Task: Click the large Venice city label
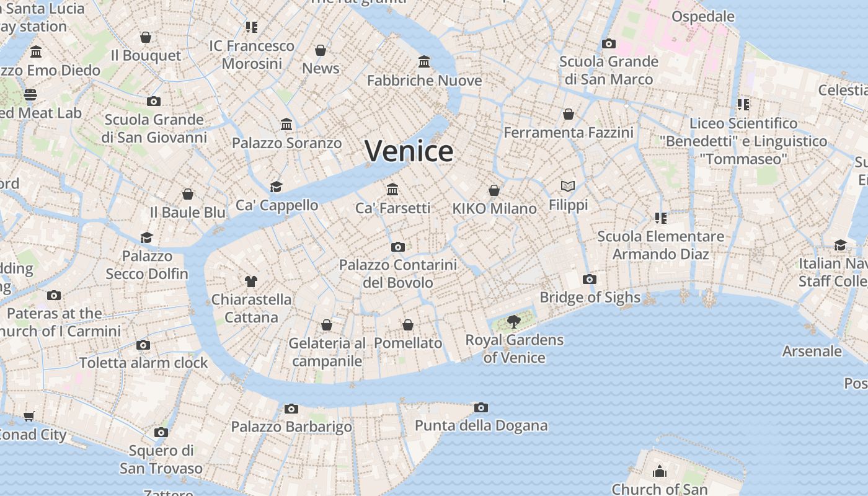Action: pyautogui.click(x=409, y=151)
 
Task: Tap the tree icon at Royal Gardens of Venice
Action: pyautogui.click(x=513, y=321)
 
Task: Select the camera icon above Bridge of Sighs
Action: pyautogui.click(x=590, y=279)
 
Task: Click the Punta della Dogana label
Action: pyautogui.click(x=481, y=425)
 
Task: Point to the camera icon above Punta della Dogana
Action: pyautogui.click(x=480, y=407)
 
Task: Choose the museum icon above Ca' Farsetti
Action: pyautogui.click(x=392, y=189)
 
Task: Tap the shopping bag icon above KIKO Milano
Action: pyautogui.click(x=494, y=190)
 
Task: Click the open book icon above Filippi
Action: pyautogui.click(x=568, y=186)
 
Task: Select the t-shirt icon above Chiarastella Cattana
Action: pyautogui.click(x=250, y=281)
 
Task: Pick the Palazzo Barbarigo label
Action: pyautogui.click(x=291, y=427)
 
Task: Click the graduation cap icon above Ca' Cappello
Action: pyautogui.click(x=276, y=187)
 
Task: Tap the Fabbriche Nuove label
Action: pyautogui.click(x=424, y=81)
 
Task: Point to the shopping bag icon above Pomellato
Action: pyautogui.click(x=408, y=325)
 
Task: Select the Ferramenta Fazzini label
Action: pyautogui.click(x=569, y=133)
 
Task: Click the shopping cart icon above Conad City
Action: pyautogui.click(x=29, y=416)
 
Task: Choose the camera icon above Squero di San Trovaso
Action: pyautogui.click(x=161, y=432)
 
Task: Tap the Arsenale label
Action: pyautogui.click(x=812, y=351)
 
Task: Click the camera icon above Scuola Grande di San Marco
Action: pyautogui.click(x=609, y=43)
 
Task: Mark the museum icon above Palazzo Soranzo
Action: pyautogui.click(x=286, y=125)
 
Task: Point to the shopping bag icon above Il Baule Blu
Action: pyautogui.click(x=188, y=194)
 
